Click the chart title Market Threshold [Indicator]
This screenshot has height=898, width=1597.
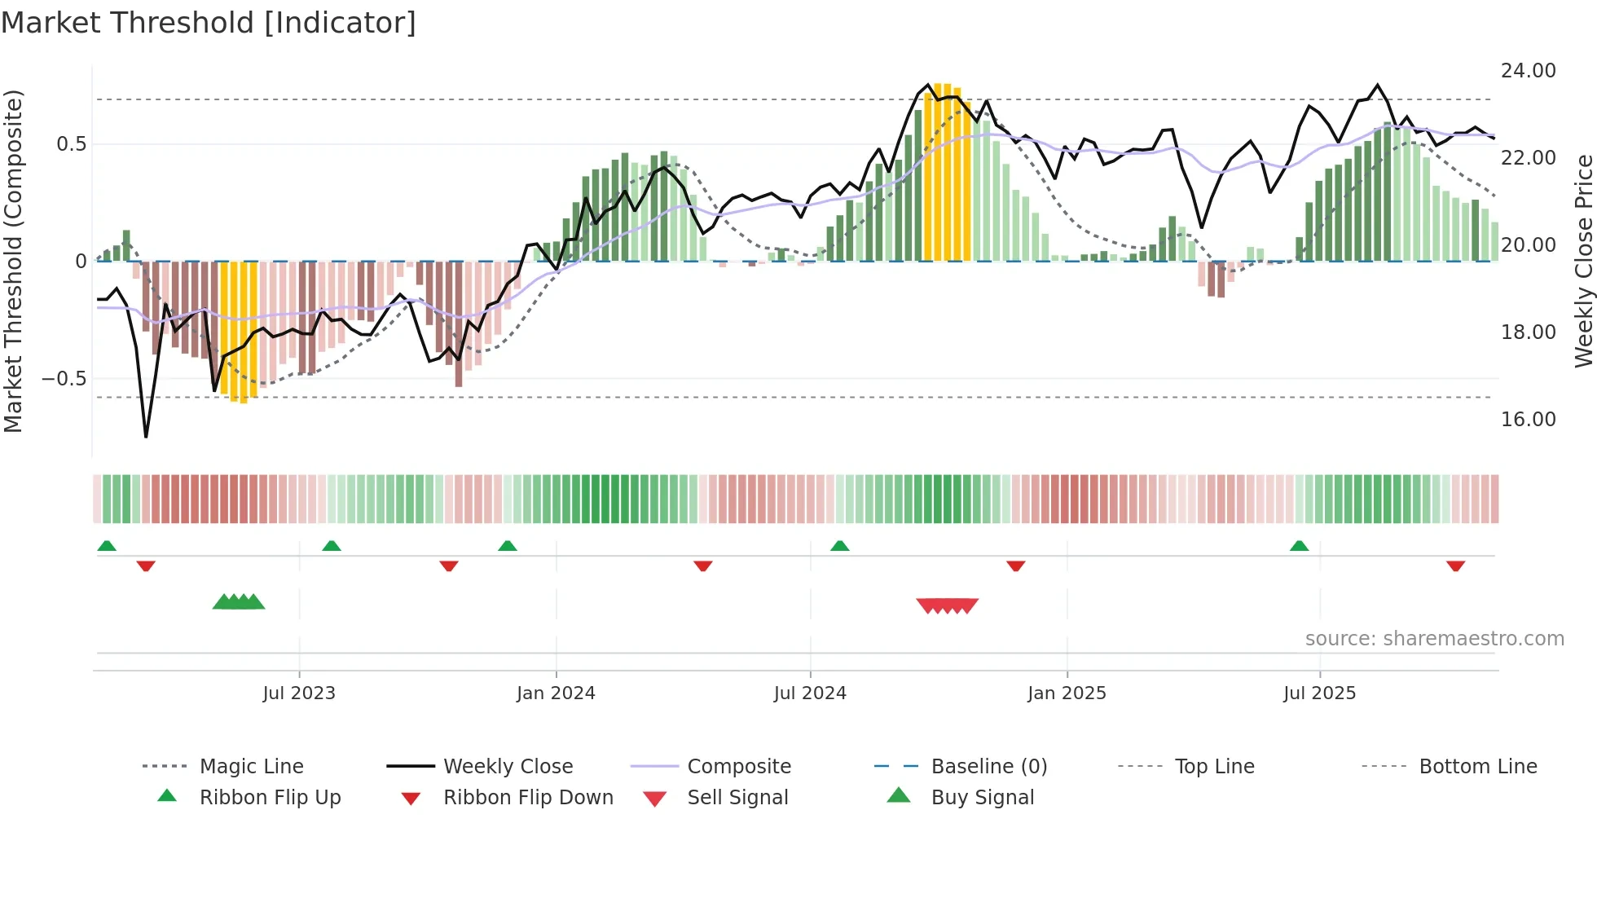pyautogui.click(x=209, y=23)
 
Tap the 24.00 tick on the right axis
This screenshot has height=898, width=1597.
pyautogui.click(x=1528, y=71)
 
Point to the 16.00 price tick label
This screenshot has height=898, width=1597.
pyautogui.click(x=1528, y=420)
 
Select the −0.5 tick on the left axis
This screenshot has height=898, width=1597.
pyautogui.click(x=64, y=379)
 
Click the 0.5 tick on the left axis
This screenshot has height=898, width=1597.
pyautogui.click(x=71, y=144)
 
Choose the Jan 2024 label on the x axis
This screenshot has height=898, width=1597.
pyautogui.click(x=556, y=693)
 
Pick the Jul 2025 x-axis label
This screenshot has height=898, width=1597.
pyautogui.click(x=1319, y=693)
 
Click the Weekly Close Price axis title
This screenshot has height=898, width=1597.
pyautogui.click(x=1583, y=261)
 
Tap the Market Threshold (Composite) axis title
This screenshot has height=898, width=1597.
pyautogui.click(x=13, y=261)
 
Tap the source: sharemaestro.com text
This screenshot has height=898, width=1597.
pyautogui.click(x=1434, y=639)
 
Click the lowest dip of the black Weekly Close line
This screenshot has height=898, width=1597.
pyautogui.click(x=146, y=437)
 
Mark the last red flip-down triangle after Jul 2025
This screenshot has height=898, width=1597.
pyautogui.click(x=1455, y=566)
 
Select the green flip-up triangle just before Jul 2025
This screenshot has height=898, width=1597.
pyautogui.click(x=1299, y=546)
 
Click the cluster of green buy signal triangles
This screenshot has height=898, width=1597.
pyautogui.click(x=239, y=602)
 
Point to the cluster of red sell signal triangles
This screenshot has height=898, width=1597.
pyautogui.click(x=947, y=605)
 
